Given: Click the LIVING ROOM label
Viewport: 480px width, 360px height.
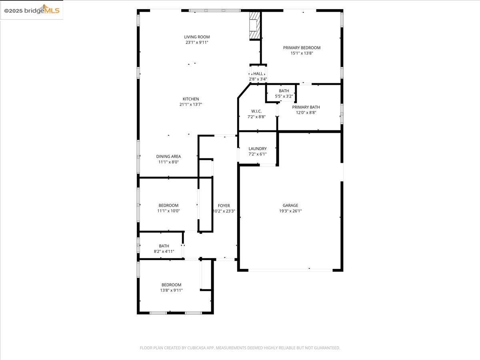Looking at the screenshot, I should [197, 37].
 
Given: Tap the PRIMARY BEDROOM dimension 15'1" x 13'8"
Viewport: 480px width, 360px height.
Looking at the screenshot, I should [302, 53].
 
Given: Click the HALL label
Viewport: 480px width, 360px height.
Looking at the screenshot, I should [258, 74].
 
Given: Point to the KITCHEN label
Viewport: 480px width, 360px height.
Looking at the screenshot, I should [191, 99].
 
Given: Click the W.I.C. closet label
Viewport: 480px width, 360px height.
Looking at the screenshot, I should [256, 111].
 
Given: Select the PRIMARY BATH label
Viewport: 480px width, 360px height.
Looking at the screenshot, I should [306, 107].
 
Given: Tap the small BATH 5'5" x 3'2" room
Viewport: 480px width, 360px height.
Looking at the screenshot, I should [284, 93].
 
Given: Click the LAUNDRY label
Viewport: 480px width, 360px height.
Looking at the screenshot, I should [258, 148].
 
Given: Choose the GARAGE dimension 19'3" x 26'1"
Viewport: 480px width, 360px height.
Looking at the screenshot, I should [290, 211].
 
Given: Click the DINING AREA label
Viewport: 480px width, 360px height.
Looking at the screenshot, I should [168, 156].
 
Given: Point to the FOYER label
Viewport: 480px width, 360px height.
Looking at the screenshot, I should [224, 206].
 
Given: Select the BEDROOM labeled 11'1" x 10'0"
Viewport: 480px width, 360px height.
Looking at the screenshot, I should [168, 208].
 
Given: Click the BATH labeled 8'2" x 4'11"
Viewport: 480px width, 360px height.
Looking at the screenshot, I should [164, 248].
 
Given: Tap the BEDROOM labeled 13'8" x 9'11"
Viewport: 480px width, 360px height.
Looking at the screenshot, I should [171, 287].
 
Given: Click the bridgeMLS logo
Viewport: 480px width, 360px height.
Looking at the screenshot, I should [32, 10].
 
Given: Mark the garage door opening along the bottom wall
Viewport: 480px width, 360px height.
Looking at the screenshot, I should [290, 270].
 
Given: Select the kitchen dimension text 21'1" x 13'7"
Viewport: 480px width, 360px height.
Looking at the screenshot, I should [191, 104].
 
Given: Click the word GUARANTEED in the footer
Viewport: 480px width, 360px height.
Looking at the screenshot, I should [326, 348].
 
